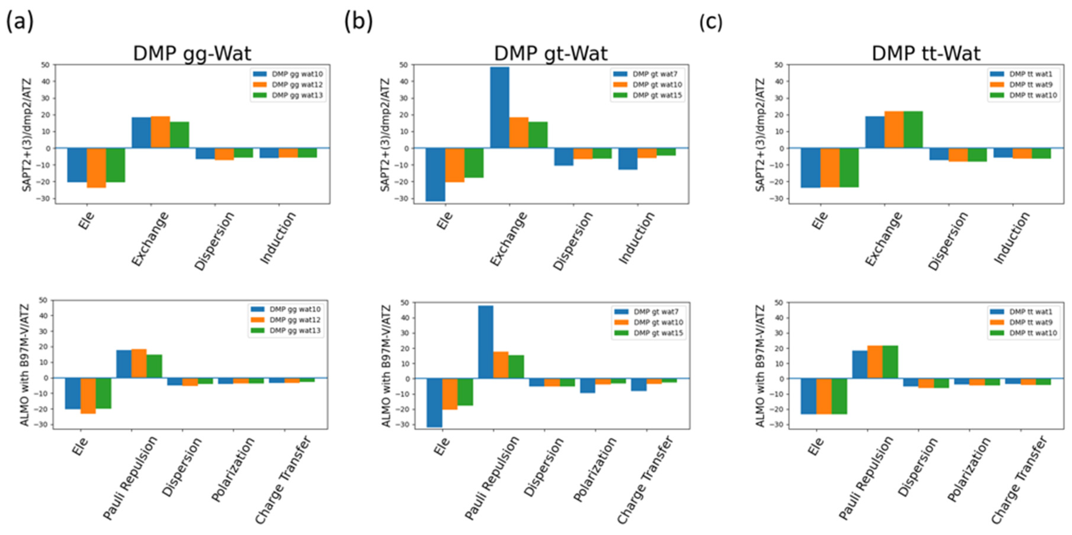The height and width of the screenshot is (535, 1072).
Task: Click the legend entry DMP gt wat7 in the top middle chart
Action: [x=655, y=74]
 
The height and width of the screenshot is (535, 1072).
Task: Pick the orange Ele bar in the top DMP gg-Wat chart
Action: [x=97, y=168]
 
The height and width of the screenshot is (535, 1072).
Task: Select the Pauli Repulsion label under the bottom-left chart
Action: [x=130, y=478]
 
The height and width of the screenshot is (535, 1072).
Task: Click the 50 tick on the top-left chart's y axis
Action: [x=45, y=65]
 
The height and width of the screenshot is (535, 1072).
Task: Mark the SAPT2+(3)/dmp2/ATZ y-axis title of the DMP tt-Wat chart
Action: [x=760, y=134]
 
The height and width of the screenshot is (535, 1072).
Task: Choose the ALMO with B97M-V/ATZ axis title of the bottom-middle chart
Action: [x=386, y=365]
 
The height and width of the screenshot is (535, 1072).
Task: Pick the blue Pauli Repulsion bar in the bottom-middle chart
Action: [x=486, y=342]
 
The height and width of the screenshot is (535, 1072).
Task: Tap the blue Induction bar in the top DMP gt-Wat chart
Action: [x=628, y=159]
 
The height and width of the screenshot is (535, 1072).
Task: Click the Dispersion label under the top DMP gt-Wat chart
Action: [x=573, y=241]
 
